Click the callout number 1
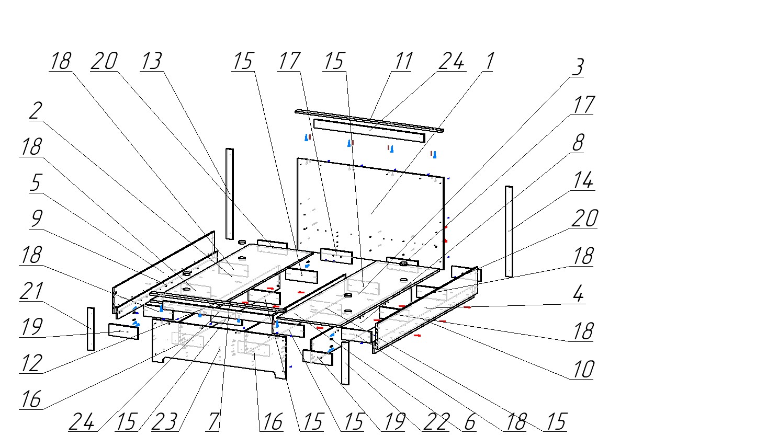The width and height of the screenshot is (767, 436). coord(488,61)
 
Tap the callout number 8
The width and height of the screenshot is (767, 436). coord(578,142)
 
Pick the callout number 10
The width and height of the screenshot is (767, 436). coord(583,369)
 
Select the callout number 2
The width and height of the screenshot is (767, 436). coord(35,111)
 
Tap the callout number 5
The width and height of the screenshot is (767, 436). coord(35,183)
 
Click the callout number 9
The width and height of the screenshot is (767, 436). coord(36,219)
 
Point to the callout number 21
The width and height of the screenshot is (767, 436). coord(31,292)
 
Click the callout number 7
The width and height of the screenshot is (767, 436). coord(212,421)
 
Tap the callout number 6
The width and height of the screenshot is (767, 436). coord(469,421)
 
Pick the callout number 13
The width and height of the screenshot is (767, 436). coord(151,61)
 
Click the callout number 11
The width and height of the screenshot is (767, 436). coord(403,61)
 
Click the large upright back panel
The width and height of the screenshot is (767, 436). coord(371,209)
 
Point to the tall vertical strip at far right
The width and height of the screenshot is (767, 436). coord(509,230)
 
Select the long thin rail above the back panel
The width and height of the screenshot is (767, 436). coord(369,120)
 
